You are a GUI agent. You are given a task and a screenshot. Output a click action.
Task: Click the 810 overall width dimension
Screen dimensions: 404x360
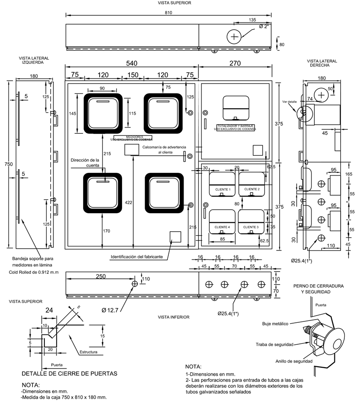[x=168, y=13]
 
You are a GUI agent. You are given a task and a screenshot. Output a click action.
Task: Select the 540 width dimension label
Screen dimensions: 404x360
[x=131, y=63]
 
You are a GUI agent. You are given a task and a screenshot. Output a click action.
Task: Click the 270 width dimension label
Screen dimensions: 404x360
[x=235, y=63]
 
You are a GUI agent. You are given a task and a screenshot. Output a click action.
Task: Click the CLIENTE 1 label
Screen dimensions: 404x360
[x=223, y=189]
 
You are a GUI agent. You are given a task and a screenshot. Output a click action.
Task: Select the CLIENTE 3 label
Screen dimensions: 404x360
[x=252, y=227]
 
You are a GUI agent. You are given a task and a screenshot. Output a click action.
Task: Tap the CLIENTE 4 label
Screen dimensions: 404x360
[x=223, y=227]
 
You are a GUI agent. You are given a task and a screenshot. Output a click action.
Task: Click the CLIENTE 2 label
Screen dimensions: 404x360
[x=252, y=189]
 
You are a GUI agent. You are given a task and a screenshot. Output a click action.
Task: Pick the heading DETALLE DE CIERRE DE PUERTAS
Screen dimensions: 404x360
[x=70, y=373]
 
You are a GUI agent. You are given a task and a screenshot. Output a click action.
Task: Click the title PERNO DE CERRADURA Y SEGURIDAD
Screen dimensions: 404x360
[x=318, y=289]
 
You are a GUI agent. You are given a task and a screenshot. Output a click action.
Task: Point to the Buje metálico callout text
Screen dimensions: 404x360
[x=276, y=323]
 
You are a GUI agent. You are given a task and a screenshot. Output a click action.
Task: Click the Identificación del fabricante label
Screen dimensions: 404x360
[x=140, y=257]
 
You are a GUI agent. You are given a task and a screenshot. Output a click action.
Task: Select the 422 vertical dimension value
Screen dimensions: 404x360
[x=129, y=203]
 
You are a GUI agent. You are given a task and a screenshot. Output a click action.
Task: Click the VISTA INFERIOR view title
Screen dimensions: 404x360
[x=173, y=317]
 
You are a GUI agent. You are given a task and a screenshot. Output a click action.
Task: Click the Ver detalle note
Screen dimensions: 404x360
[x=289, y=102]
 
